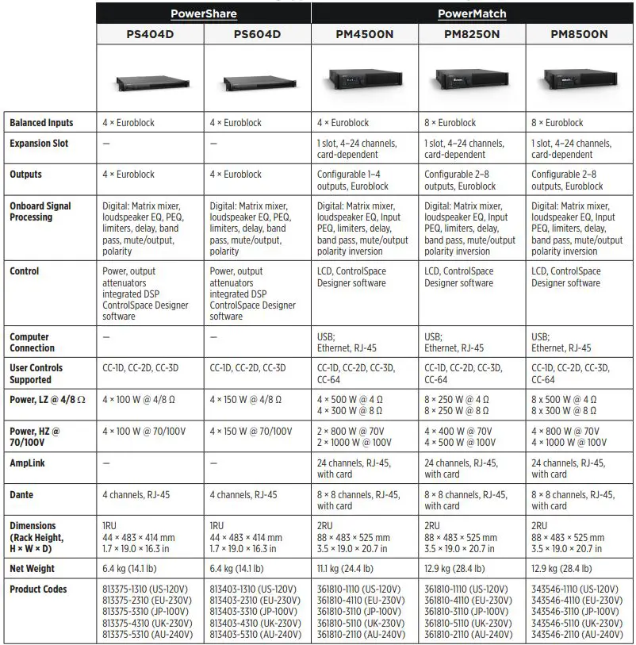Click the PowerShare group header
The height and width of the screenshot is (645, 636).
point(204,13)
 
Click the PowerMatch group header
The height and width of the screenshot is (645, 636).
point(472,13)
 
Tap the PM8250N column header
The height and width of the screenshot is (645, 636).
point(472,34)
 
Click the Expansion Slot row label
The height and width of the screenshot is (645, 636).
point(39,144)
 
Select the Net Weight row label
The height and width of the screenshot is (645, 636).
point(33,568)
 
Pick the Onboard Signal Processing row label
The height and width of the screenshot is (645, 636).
point(40,211)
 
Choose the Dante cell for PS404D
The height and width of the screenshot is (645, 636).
point(136,494)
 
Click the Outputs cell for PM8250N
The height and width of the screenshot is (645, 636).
point(460,180)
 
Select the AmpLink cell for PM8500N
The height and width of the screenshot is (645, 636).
point(568,468)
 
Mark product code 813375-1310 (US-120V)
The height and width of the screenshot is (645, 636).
point(147,589)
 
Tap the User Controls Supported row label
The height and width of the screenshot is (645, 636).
point(36,374)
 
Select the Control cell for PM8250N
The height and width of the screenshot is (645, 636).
point(459,277)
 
